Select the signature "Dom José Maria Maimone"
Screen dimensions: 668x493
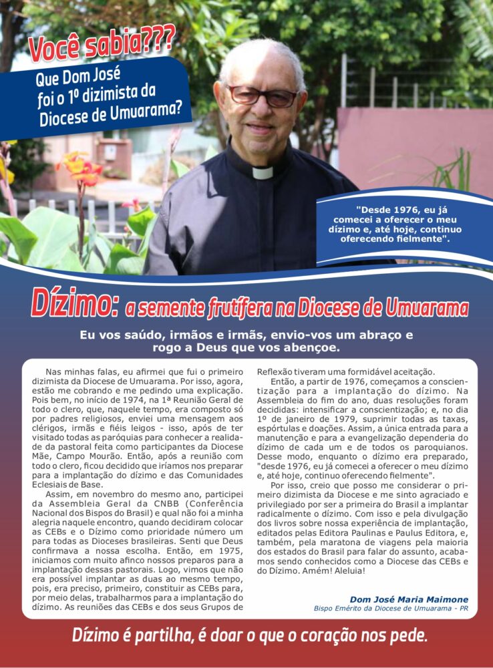[x=409, y=599]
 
